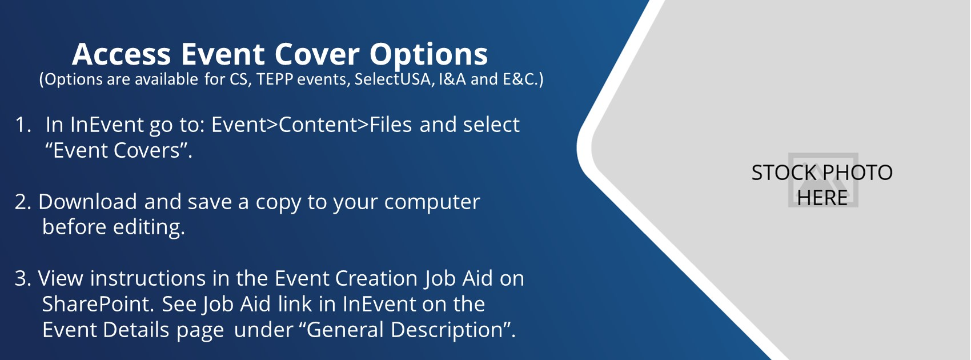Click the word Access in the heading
click(x=121, y=54)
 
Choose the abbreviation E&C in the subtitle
click(x=520, y=79)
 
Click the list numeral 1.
click(x=22, y=125)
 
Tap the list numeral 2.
click(x=22, y=202)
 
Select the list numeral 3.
click(x=22, y=278)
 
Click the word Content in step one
click(x=318, y=125)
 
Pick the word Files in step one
click(x=391, y=125)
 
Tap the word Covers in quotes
click(x=147, y=151)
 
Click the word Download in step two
click(x=87, y=202)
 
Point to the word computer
click(x=432, y=203)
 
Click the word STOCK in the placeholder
click(x=785, y=173)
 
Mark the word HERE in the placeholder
click(x=822, y=198)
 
